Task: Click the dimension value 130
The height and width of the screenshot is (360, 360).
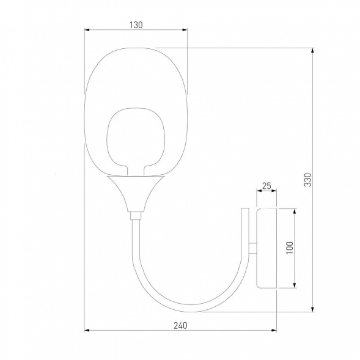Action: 136,25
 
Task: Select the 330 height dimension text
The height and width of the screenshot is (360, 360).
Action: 308,180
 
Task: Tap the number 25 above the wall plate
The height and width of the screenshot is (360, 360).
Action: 266,185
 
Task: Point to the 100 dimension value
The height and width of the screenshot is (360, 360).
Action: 290,248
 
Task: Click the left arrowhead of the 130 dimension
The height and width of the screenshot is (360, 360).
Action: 87,30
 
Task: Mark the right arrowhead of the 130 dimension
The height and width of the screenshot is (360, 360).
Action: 185,30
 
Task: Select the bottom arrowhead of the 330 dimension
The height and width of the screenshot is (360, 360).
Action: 312,309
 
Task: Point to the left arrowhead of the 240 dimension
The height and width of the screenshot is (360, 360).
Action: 87,330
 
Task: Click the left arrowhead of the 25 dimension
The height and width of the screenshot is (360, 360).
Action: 259,191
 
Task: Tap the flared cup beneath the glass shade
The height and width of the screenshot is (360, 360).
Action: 135,191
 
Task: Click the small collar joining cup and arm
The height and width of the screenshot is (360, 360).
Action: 135,215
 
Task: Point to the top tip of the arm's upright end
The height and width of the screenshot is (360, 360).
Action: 244,210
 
